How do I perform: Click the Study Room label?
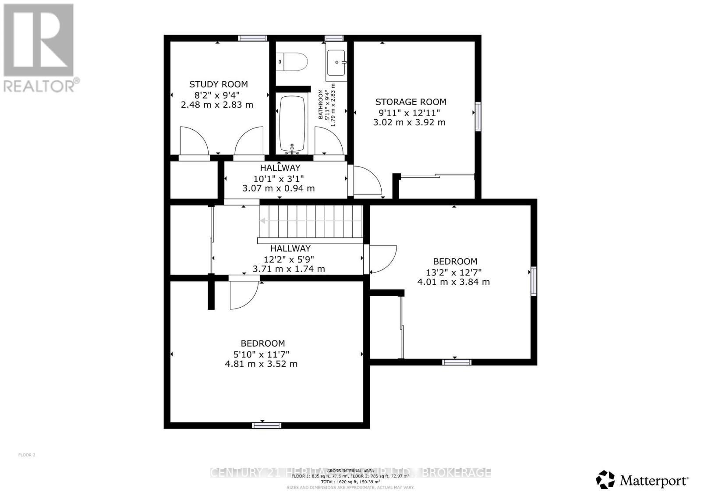(x=218, y=84)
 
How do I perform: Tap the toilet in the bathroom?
(x=293, y=62)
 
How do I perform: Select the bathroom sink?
(x=336, y=62)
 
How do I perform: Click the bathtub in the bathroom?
(x=292, y=124)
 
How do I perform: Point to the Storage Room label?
(x=411, y=102)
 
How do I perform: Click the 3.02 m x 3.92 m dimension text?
(x=409, y=122)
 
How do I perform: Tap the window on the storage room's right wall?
(x=478, y=116)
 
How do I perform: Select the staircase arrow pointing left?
(x=263, y=221)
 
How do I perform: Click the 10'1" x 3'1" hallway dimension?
(x=278, y=178)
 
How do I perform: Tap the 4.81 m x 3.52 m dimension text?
(x=261, y=364)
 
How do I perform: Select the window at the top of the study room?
(x=252, y=38)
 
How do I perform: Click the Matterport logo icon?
(x=605, y=480)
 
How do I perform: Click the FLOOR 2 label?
(x=27, y=455)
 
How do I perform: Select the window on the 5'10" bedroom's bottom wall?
(x=266, y=425)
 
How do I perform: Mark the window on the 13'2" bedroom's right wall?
(x=534, y=280)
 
